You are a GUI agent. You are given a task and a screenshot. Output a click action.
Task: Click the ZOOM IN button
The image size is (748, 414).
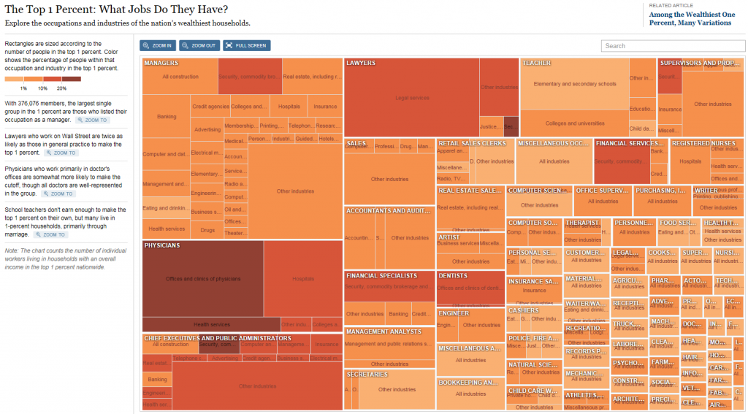[x=158, y=45]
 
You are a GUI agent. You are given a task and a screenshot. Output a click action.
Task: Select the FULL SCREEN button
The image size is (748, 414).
[x=247, y=45]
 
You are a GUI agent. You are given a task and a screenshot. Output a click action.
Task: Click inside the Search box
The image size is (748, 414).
[x=673, y=45]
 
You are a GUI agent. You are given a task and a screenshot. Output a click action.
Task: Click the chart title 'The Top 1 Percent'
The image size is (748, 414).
[x=116, y=9]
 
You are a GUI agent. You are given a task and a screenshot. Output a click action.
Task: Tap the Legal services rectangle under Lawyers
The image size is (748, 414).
[x=412, y=98]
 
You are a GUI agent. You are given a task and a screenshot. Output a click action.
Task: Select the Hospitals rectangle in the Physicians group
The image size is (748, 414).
[x=303, y=279]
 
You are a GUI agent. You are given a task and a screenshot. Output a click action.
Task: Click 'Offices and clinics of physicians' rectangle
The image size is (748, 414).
[x=203, y=279]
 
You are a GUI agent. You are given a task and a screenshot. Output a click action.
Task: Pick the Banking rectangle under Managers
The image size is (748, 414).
[x=167, y=116]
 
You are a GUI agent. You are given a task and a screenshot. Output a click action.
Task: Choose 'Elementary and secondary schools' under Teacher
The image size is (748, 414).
[x=575, y=84]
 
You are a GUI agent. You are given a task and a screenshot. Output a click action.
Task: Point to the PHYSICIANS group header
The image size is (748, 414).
[x=162, y=246]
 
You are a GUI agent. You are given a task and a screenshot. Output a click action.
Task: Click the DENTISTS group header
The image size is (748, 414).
[x=454, y=276]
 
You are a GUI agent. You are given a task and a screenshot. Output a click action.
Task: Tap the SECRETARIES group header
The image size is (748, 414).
[x=367, y=375]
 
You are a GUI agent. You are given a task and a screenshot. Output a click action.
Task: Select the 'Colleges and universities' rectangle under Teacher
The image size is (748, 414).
[x=575, y=123]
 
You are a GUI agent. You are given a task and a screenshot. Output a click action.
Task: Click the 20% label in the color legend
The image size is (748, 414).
[x=72, y=88]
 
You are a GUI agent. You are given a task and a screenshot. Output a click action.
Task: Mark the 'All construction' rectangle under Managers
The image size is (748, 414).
[x=180, y=77]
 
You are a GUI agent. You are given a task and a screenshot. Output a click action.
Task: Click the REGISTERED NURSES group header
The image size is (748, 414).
[x=703, y=144]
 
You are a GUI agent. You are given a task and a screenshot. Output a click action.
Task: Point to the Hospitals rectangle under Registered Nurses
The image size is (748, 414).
[x=690, y=161]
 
